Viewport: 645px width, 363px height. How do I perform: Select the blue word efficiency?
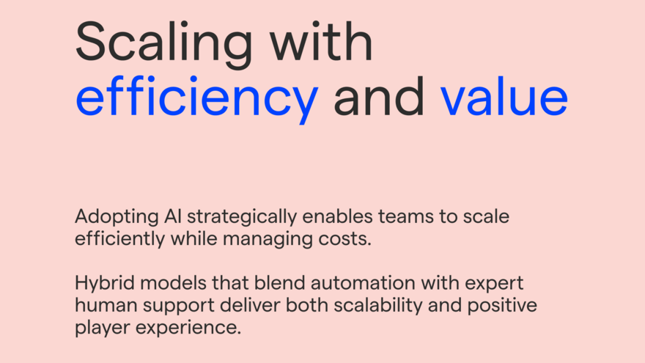[x=197, y=100]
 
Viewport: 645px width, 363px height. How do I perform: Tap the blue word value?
[x=504, y=96]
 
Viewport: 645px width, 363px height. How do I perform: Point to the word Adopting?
[x=117, y=218]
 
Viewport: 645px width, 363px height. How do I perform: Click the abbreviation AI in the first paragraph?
[x=173, y=216]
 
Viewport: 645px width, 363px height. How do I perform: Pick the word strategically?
[x=242, y=218]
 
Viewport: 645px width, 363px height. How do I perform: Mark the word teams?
[x=406, y=217]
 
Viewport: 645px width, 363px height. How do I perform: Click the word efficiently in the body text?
[x=120, y=240]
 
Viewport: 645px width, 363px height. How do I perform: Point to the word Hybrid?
[x=105, y=285]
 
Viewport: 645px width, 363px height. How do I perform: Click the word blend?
[x=280, y=283]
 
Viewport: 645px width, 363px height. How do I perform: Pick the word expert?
[x=494, y=285]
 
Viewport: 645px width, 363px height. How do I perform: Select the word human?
[x=106, y=305]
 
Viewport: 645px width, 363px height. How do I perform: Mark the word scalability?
[x=378, y=307]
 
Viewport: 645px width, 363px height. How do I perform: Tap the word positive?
[x=502, y=307]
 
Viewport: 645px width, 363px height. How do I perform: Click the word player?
[x=103, y=329]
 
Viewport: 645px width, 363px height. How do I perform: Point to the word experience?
[x=188, y=329]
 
